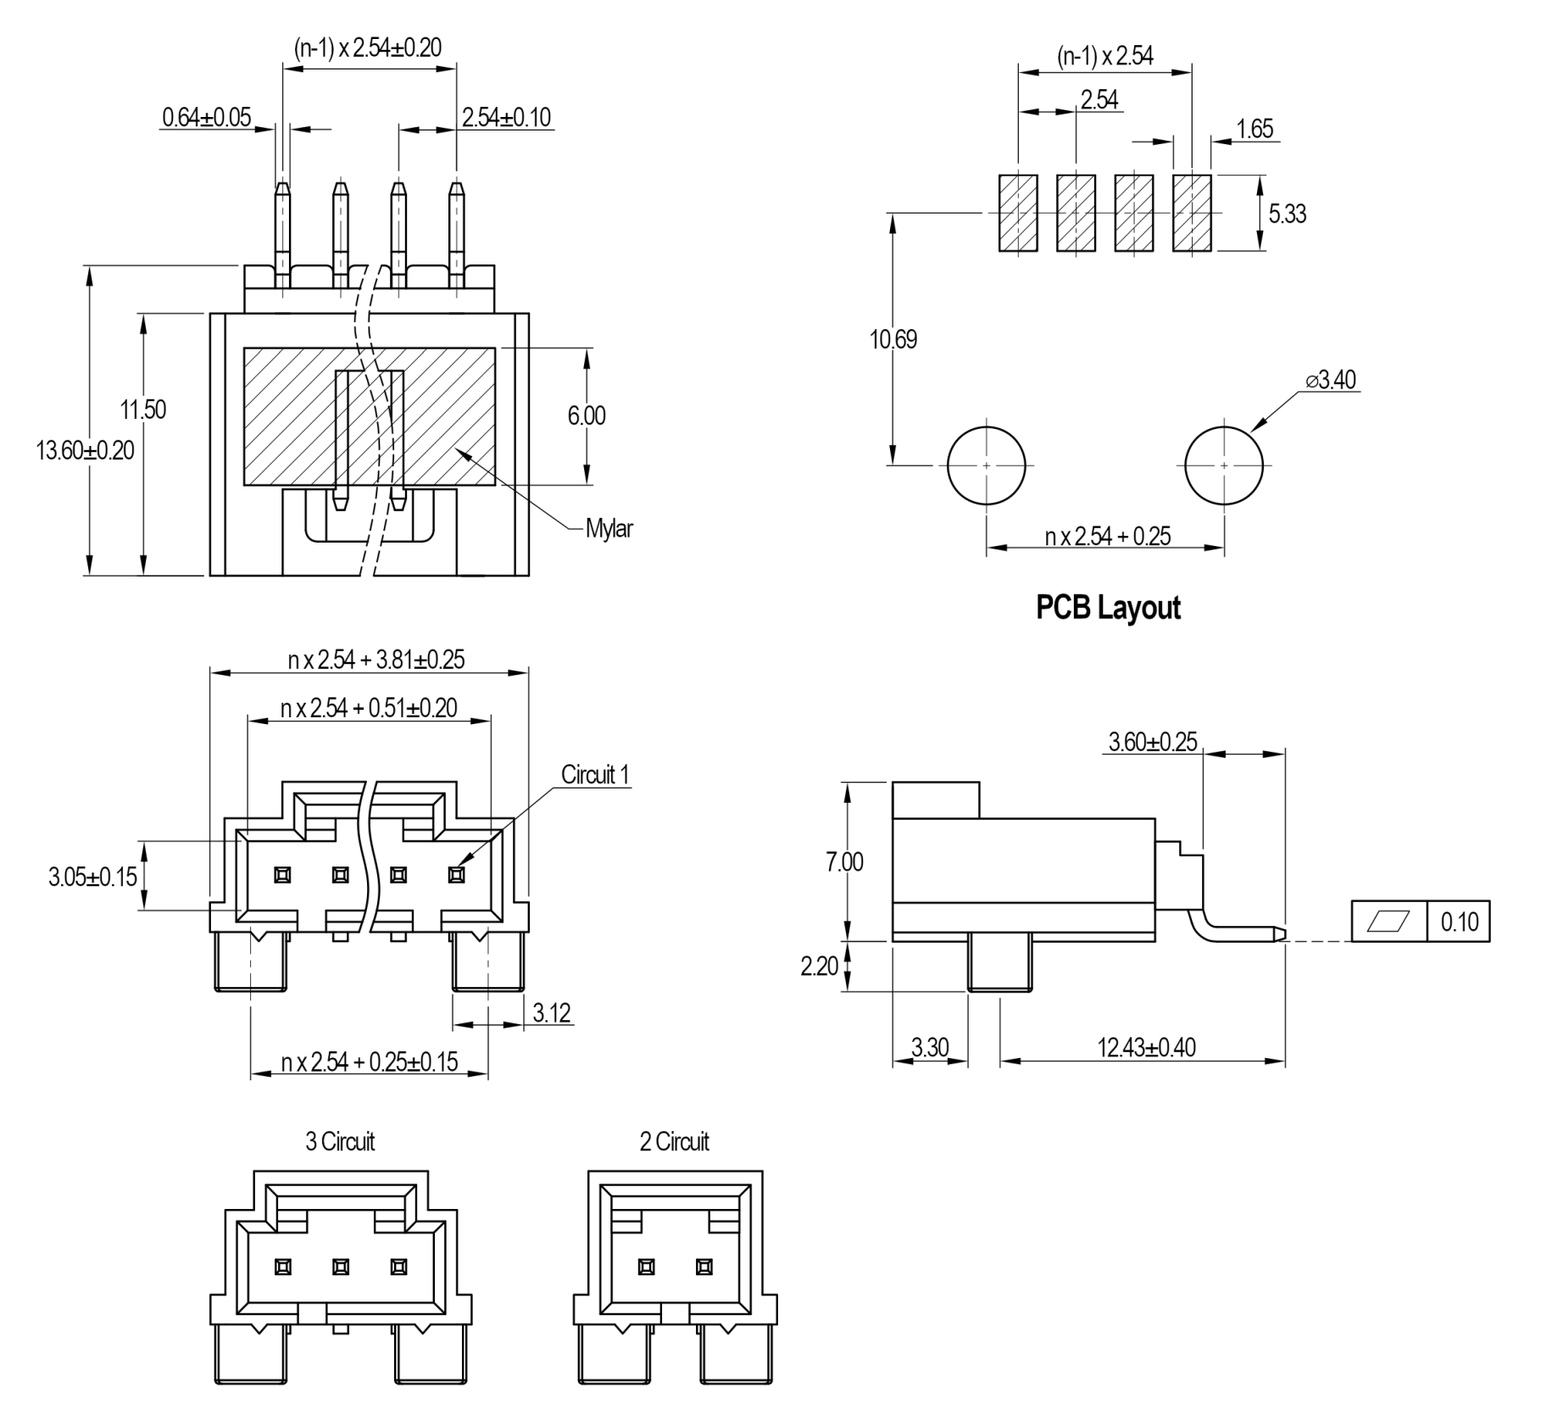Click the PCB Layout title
1108,608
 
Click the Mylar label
609,529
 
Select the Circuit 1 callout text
595,774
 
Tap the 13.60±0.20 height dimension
85,450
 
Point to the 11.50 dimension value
143,410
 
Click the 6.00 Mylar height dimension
587,415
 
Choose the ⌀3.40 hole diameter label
1331,380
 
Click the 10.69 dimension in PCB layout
893,339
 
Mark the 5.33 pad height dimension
1287,214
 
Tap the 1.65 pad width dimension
1254,129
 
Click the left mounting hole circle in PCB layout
986,465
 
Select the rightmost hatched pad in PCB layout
1192,213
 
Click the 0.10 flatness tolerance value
1459,922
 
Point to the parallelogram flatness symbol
1389,922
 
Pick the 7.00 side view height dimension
844,862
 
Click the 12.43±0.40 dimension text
1146,1047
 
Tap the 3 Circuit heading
340,1141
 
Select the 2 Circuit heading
674,1141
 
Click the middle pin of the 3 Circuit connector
341,1267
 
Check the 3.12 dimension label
552,1012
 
